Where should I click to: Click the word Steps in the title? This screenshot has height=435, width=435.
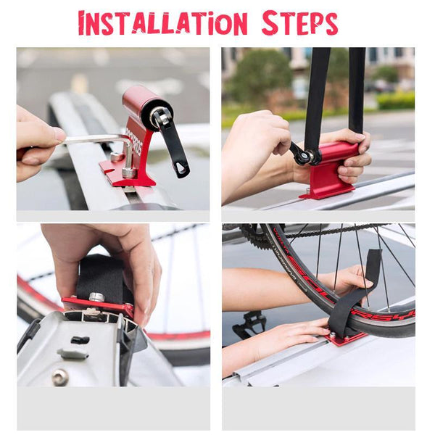(x=299, y=23)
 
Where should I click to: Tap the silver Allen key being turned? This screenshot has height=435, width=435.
(x=94, y=140)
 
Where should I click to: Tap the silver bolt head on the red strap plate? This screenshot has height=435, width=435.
(x=96, y=297)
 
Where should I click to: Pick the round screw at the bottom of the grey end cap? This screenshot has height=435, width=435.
(x=59, y=376)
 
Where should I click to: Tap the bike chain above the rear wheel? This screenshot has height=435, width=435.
(x=319, y=230)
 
